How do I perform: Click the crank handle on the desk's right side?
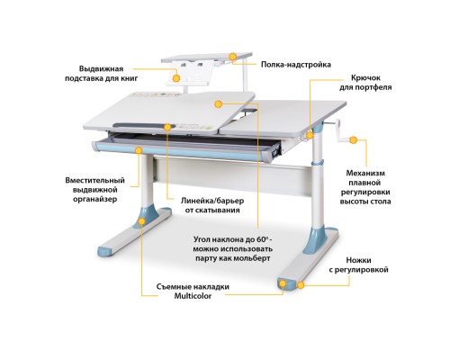coord(337,136)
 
